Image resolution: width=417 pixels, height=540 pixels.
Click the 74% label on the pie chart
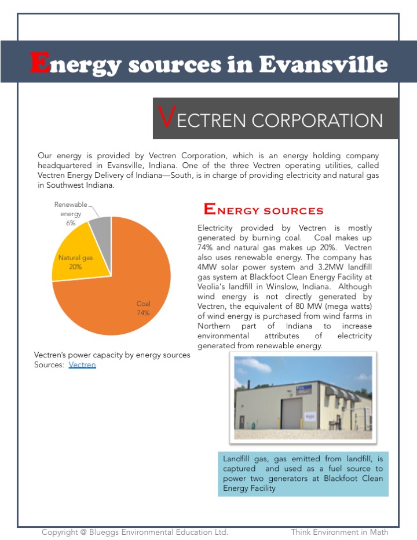(x=143, y=312)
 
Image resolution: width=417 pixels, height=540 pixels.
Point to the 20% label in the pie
(x=75, y=267)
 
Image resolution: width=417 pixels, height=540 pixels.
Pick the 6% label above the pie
(x=71, y=222)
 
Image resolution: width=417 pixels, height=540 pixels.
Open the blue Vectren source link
(x=82, y=364)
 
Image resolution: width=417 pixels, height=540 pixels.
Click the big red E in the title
(x=39, y=63)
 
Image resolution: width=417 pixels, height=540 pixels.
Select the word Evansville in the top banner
(x=323, y=64)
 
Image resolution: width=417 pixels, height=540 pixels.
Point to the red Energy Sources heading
(x=264, y=210)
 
